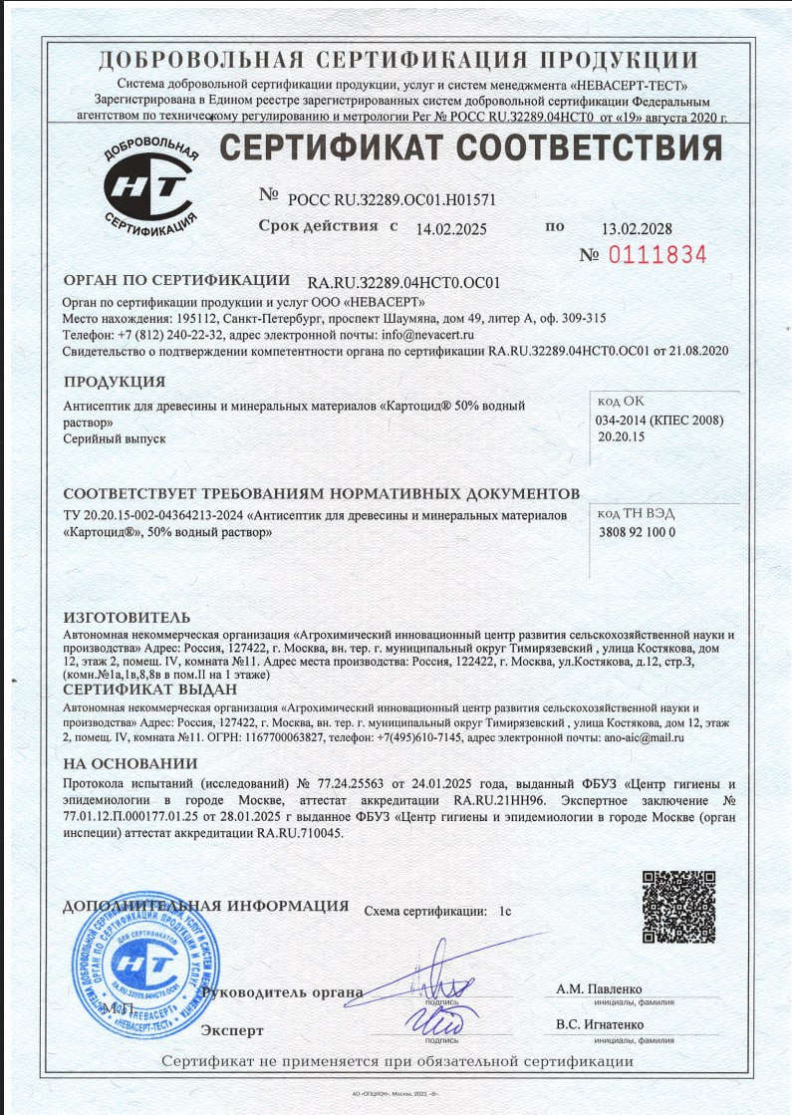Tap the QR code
pyautogui.click(x=677, y=907)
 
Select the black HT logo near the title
pyautogui.click(x=149, y=184)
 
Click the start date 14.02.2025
pyautogui.click(x=451, y=228)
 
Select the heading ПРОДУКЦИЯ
pyautogui.click(x=115, y=382)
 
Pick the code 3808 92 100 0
pyautogui.click(x=636, y=532)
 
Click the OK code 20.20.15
pyautogui.click(x=621, y=436)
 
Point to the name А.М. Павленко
pyautogui.click(x=599, y=989)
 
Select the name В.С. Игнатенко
pyautogui.click(x=600, y=1024)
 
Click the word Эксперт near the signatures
pyautogui.click(x=232, y=1029)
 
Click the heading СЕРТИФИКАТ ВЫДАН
pyautogui.click(x=150, y=690)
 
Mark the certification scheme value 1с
pyautogui.click(x=505, y=911)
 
